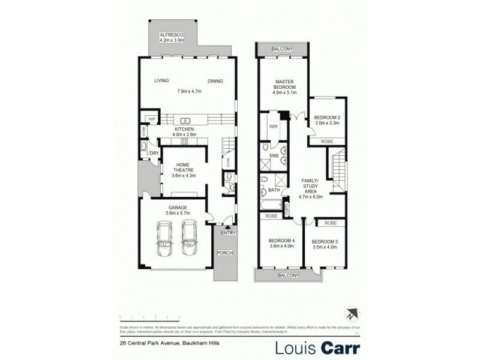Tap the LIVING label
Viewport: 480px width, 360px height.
tap(161, 81)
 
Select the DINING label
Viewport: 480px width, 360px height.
tap(215, 81)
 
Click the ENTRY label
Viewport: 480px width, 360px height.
tap(228, 233)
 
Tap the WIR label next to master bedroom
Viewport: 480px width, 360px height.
tap(273, 127)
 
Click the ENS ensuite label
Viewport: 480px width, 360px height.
tap(274, 157)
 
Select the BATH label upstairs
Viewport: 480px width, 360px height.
tap(274, 191)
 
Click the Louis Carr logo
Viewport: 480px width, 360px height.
tap(317, 347)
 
